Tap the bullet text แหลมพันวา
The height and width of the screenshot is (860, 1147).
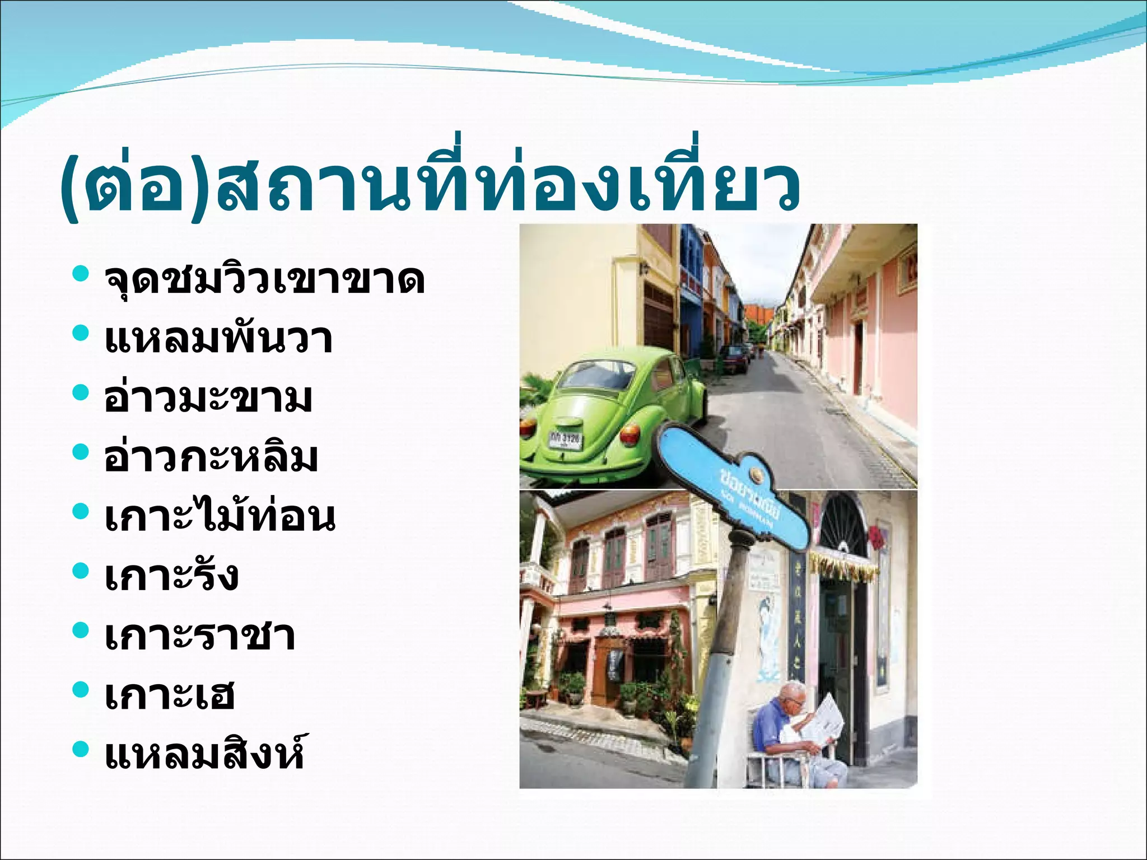(x=218, y=339)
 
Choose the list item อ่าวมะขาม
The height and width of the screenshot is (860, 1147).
(x=208, y=398)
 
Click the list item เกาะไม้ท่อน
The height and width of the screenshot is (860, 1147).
(x=220, y=516)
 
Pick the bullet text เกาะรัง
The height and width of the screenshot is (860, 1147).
(x=171, y=576)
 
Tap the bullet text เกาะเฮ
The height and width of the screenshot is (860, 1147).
(x=170, y=695)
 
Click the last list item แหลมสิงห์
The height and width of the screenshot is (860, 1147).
(x=205, y=754)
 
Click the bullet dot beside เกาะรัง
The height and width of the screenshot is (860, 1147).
(x=81, y=571)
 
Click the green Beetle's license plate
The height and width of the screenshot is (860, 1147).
(x=565, y=438)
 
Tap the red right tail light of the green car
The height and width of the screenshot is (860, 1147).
(x=630, y=433)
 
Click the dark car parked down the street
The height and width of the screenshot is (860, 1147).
(x=733, y=358)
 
